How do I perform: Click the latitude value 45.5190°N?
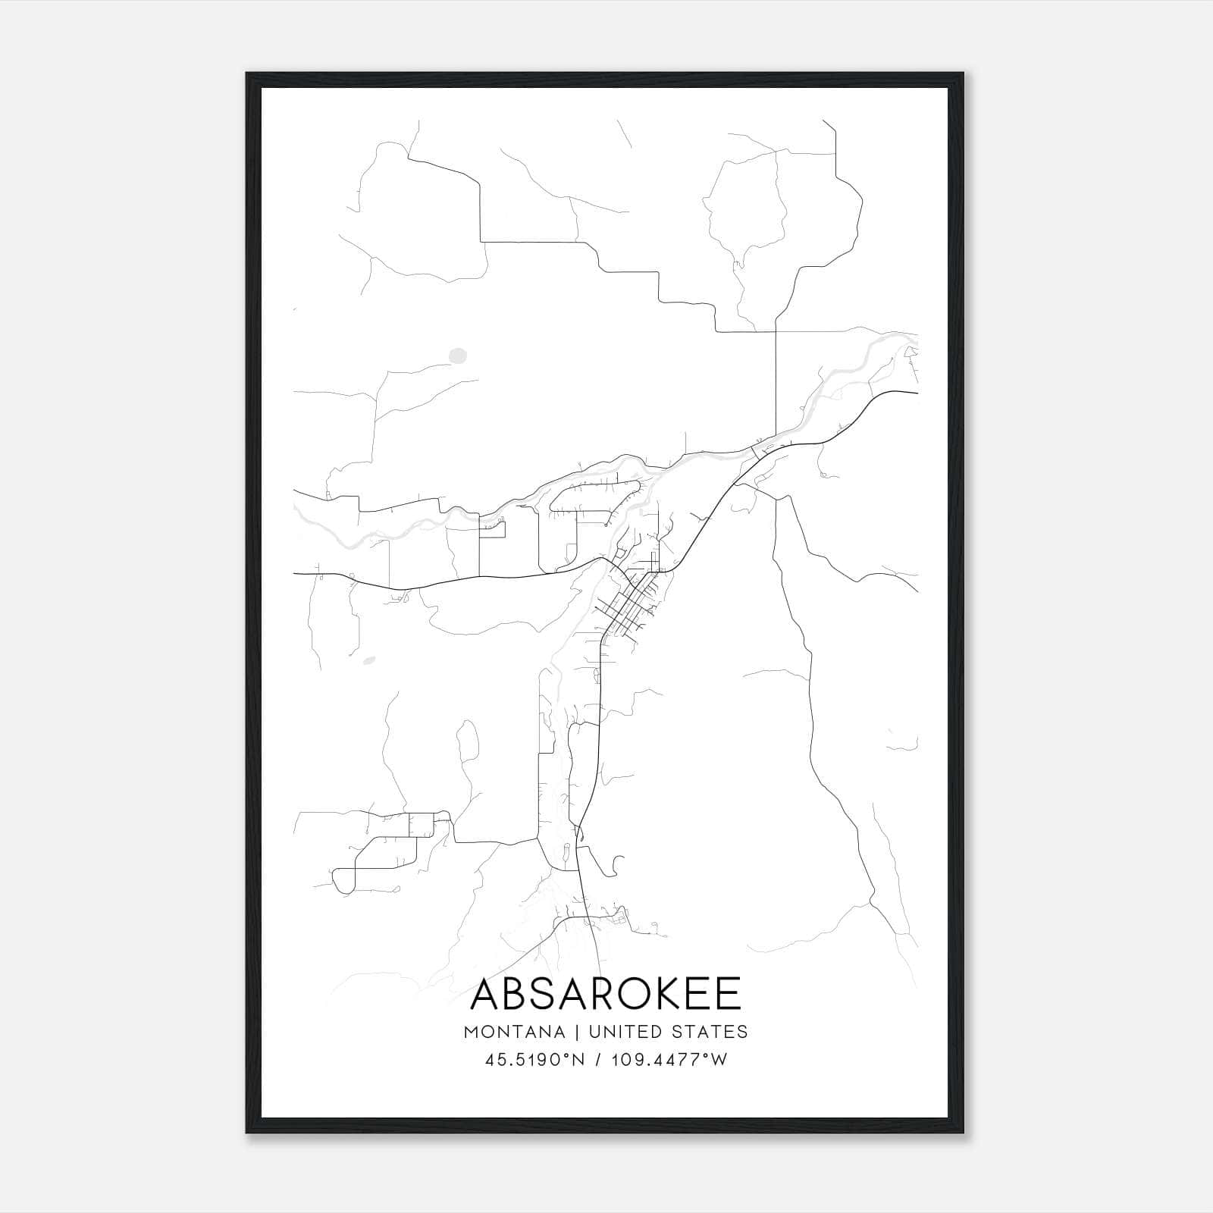(534, 1060)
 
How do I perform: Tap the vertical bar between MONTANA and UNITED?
(577, 1032)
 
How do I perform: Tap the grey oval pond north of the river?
(457, 354)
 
